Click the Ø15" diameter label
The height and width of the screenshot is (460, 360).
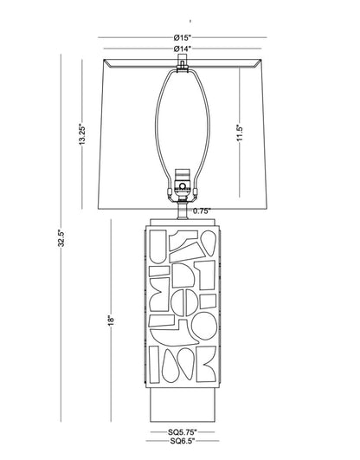pos(183,37)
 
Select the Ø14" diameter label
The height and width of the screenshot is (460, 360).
pos(183,49)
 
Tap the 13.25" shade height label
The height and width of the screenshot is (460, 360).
pos(82,135)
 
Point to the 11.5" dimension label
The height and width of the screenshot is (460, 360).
pos(240,133)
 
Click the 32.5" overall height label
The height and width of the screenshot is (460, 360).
pos(61,238)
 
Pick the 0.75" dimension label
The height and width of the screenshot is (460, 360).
pos(202,211)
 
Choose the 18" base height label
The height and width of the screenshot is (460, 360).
pos(111,320)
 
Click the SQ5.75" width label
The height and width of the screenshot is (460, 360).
pos(183,431)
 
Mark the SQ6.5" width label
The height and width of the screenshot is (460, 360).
pos(183,441)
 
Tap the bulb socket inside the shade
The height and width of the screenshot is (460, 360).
pos(183,184)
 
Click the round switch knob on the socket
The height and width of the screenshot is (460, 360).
pos(183,186)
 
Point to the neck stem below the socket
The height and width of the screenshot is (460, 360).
pos(183,210)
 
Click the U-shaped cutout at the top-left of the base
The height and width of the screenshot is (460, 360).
pos(158,246)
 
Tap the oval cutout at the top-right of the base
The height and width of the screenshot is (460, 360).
pos(209,243)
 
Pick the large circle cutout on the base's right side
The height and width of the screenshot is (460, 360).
pos(204,326)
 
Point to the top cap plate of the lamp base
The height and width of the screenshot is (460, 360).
pos(183,222)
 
